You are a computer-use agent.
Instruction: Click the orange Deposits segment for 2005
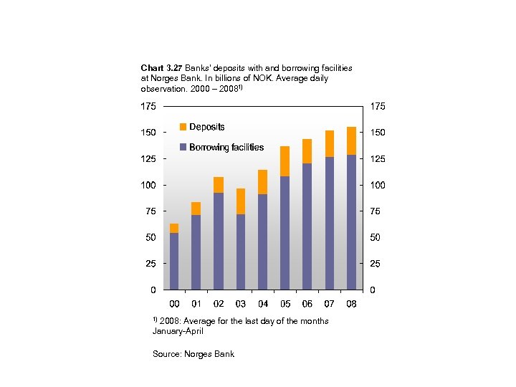pos(285,161)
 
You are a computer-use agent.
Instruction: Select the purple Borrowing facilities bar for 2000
pos(174,261)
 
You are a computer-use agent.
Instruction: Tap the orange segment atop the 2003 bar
pos(241,201)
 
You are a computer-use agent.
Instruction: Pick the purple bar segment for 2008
pos(351,222)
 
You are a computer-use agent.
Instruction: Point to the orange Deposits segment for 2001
pos(196,209)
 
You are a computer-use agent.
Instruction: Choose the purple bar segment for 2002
pos(219,241)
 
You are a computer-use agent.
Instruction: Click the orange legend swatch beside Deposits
pos(183,127)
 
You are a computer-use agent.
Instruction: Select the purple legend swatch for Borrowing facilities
pos(183,147)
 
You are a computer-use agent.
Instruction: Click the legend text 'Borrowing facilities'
pos(226,147)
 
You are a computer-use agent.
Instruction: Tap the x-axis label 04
pos(263,304)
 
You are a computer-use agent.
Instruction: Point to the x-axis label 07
pos(330,304)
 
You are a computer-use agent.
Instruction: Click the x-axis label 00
pos(174,304)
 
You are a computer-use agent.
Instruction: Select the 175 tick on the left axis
pos(148,106)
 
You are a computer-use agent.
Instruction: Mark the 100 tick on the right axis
pos(378,185)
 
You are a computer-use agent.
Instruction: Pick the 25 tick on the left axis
pos(150,264)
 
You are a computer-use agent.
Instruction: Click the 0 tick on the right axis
pos(372,290)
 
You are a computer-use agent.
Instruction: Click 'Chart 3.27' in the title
pos(161,67)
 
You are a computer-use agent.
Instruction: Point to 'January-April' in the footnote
pos(178,331)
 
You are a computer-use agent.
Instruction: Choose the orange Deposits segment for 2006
pos(307,151)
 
